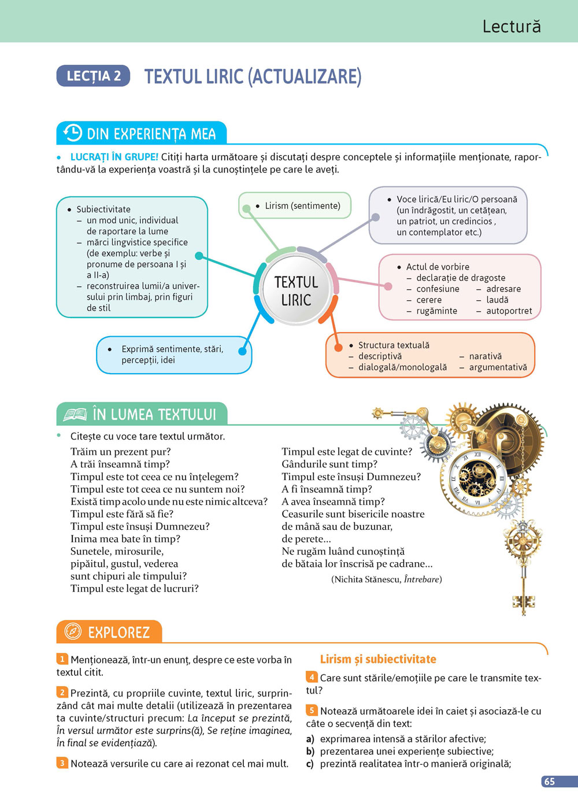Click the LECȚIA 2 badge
(x=93, y=76)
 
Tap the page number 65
(x=550, y=781)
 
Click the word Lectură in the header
(x=512, y=26)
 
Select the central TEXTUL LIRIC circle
(x=296, y=292)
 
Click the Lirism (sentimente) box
(x=295, y=205)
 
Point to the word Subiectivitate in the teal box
(x=103, y=209)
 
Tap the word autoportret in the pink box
(x=509, y=311)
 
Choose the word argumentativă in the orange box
(x=498, y=367)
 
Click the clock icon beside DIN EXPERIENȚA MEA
(x=73, y=133)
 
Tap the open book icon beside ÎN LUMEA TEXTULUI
(x=75, y=414)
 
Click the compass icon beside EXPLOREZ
(x=73, y=631)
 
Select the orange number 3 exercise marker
(x=62, y=763)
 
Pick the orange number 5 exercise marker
(x=312, y=710)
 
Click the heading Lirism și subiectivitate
(x=378, y=659)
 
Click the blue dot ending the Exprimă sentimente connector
(x=243, y=351)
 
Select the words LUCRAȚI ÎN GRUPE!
(x=114, y=157)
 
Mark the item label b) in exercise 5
(x=310, y=751)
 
